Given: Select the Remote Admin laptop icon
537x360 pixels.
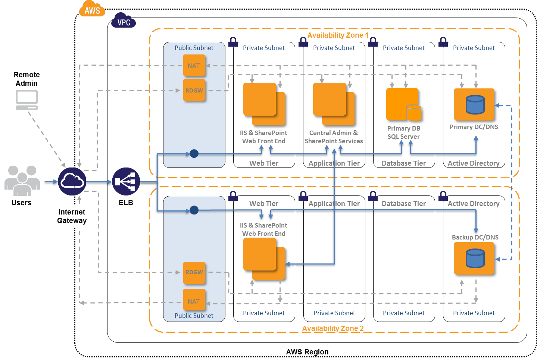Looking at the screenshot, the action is (x=26, y=100).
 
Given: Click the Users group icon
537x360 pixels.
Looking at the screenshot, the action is (x=22, y=181).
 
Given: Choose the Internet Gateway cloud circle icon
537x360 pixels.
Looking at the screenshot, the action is (x=72, y=181).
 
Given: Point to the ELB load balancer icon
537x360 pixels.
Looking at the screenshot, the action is (x=126, y=181).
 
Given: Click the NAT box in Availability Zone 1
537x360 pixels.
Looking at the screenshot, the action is (x=194, y=65).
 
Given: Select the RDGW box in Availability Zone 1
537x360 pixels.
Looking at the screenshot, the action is (x=194, y=90).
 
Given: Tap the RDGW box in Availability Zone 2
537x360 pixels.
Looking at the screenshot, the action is (x=194, y=273).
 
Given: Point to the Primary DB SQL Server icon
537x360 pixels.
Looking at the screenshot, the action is (x=404, y=104).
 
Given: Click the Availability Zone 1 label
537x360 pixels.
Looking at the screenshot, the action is (x=338, y=35).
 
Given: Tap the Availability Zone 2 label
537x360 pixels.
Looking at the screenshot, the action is (x=333, y=328).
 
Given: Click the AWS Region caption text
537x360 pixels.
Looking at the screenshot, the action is (x=307, y=352).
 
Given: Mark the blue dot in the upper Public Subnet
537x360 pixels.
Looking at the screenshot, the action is (x=194, y=153).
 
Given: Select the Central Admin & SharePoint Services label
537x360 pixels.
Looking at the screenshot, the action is (x=334, y=137).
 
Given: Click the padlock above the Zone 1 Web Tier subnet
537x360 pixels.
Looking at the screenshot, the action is (x=233, y=42).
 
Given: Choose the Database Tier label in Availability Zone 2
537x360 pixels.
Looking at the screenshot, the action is (x=404, y=203).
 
